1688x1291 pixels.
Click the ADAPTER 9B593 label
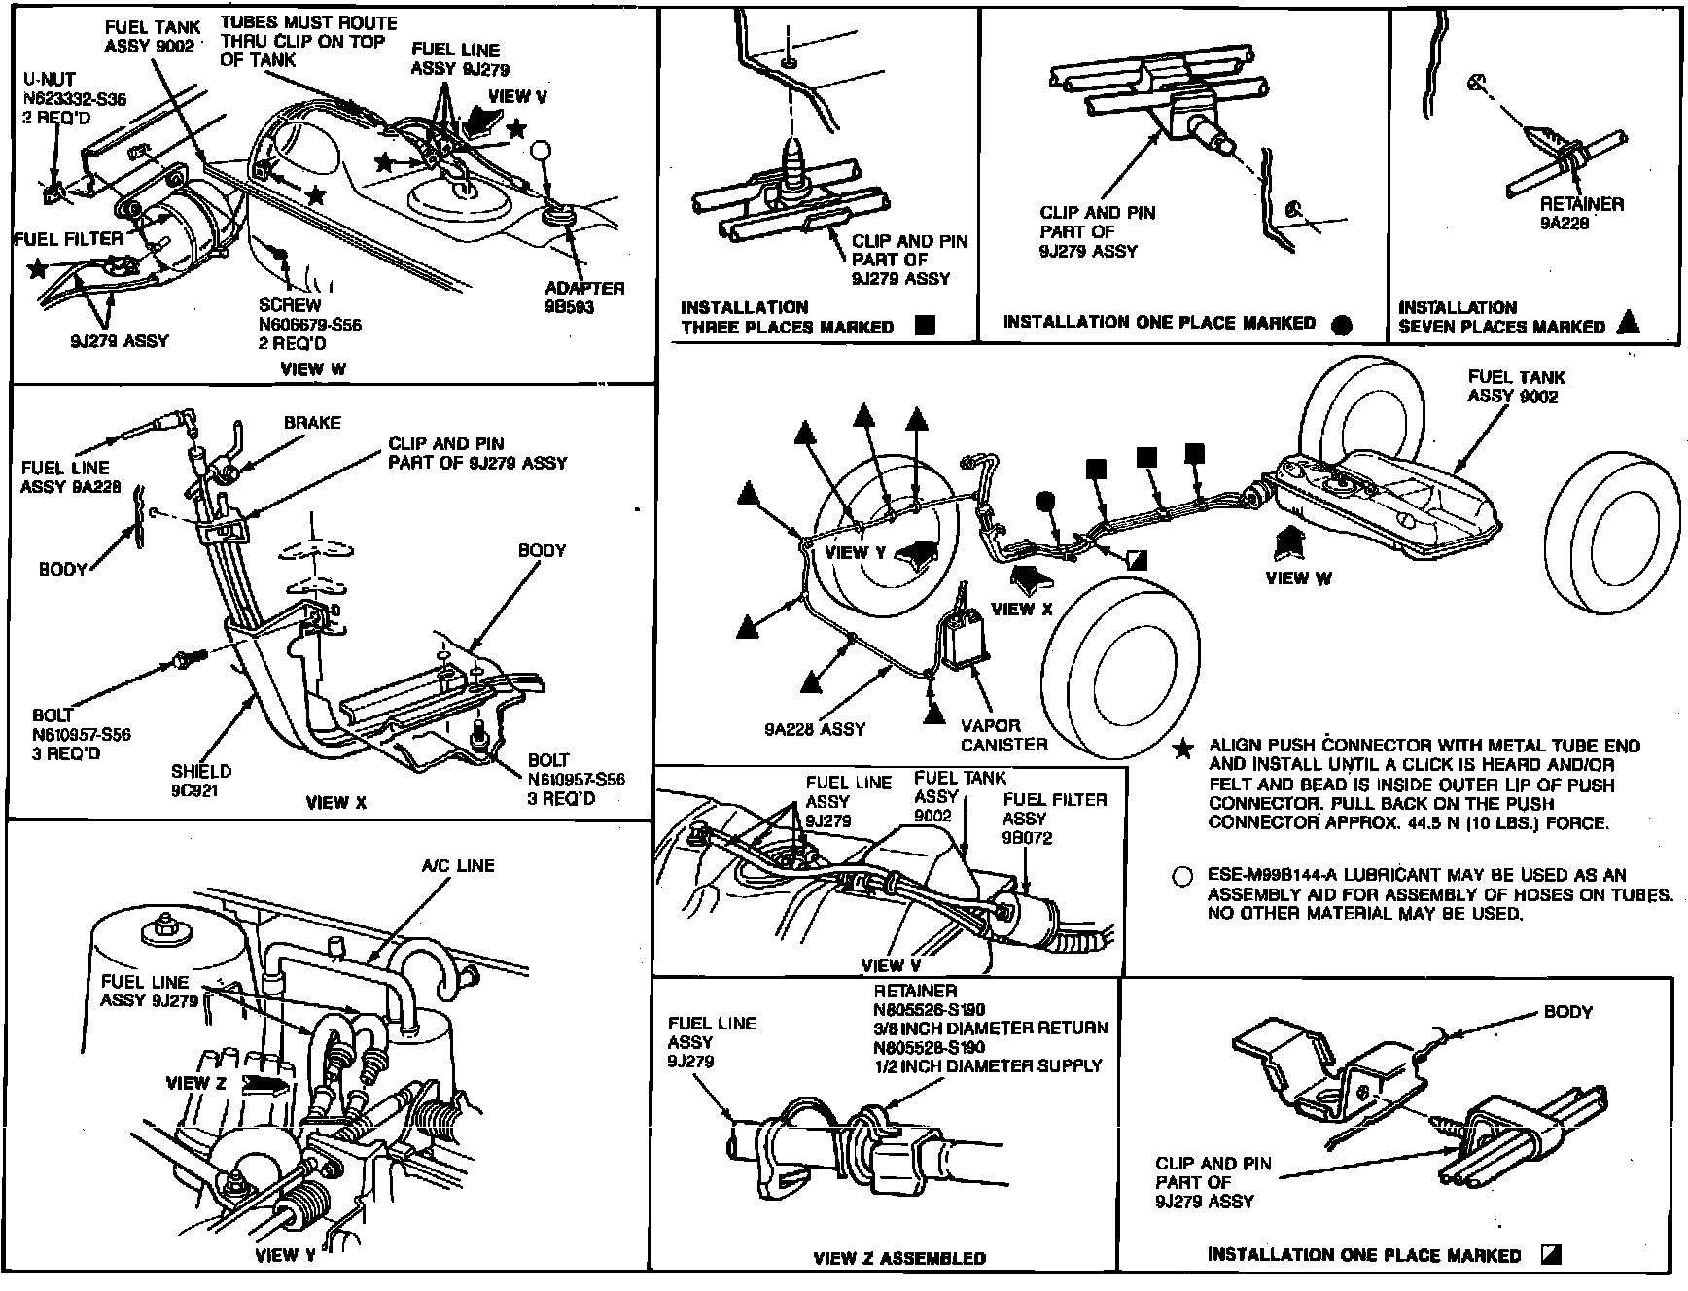(x=584, y=297)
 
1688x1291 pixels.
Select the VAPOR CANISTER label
(x=1003, y=735)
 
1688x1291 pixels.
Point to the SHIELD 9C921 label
(x=201, y=781)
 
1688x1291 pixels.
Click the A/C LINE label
(x=457, y=866)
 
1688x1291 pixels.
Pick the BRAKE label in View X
(x=312, y=423)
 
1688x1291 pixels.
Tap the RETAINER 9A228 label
(x=1581, y=214)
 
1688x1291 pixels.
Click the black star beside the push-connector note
(x=1182, y=750)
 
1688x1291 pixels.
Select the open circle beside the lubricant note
(x=1182, y=877)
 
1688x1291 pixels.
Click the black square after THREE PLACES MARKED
(x=926, y=327)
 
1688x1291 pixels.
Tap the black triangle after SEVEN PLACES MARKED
(x=1628, y=325)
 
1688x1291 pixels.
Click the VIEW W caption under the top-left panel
(x=313, y=369)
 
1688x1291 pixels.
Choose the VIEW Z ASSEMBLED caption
(x=898, y=1258)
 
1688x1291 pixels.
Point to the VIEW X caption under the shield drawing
(x=336, y=803)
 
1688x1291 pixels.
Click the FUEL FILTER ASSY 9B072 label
(x=1054, y=819)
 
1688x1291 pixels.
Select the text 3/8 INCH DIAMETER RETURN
(x=990, y=1029)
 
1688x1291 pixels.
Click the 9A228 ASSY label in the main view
(x=814, y=729)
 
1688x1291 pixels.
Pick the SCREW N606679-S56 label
(x=310, y=325)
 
